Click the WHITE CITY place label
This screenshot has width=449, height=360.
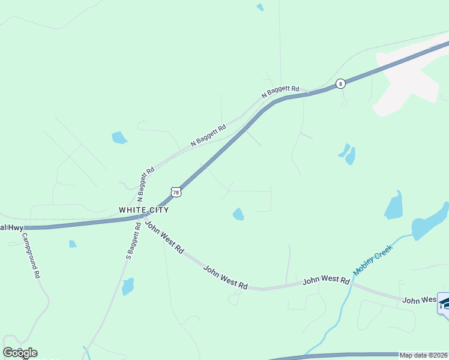143,210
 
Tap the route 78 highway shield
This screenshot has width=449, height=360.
175,191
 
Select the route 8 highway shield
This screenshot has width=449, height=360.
340,84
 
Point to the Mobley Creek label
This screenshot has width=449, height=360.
373,260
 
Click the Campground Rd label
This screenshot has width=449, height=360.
34,256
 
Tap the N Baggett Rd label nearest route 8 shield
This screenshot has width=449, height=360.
280,92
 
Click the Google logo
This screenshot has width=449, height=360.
20,353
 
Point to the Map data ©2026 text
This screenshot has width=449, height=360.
424,355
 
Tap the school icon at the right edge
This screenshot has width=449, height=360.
444,303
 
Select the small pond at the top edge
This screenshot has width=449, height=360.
260,7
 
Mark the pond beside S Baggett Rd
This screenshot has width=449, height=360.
127,286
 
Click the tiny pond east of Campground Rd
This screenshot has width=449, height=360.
73,244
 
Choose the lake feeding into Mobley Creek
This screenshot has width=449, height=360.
429,223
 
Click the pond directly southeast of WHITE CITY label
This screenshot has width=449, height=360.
238,214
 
